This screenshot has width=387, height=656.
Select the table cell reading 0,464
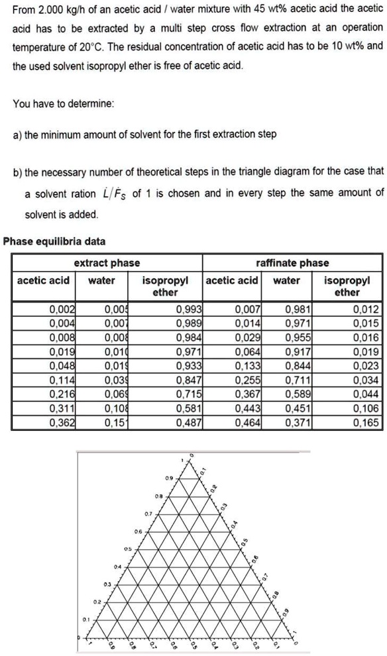point(249,404)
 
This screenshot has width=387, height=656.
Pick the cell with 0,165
point(366,404)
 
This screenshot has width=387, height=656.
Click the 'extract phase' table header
point(107,262)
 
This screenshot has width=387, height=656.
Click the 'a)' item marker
point(19,135)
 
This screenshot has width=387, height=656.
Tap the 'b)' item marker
point(19,171)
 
